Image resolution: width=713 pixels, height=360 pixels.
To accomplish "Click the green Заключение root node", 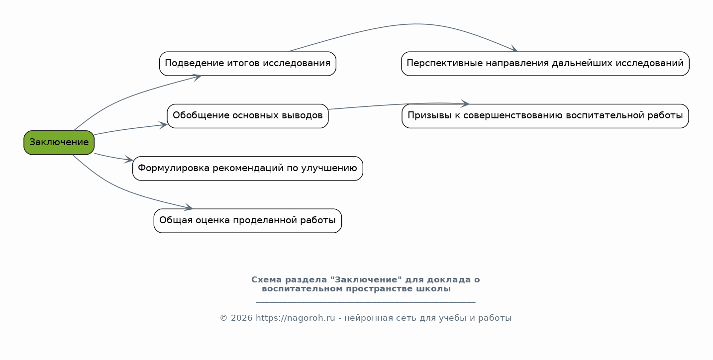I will tap(59, 143).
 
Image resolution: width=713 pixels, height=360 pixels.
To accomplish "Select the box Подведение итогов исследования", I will tap(247, 64).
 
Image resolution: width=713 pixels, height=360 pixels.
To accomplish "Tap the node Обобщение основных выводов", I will tap(247, 116).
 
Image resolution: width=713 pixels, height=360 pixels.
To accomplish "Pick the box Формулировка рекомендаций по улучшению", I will tap(247, 168).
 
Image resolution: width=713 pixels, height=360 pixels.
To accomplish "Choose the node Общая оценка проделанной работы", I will tap(247, 221).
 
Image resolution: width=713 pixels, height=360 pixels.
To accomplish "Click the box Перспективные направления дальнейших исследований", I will tap(545, 64).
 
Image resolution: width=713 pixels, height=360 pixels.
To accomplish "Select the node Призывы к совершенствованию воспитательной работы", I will tap(545, 116).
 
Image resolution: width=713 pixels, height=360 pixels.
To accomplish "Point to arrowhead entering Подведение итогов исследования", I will tap(197, 77).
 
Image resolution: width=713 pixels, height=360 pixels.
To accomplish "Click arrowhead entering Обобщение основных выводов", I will tap(163, 125).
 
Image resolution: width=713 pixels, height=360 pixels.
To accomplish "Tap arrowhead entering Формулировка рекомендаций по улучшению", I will tap(129, 160).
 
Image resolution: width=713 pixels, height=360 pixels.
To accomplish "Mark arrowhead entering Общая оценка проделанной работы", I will tap(189, 208).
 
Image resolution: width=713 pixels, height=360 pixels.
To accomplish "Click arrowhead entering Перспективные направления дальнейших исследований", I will tap(514, 50).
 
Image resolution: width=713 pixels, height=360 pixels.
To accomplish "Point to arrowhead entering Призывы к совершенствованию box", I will tap(465, 104).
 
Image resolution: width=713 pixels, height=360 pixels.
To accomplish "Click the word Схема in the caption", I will tap(266, 280).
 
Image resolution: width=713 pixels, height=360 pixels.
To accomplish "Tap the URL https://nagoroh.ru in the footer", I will tap(295, 318).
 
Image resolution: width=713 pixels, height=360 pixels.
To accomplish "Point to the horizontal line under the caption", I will tap(366, 302).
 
